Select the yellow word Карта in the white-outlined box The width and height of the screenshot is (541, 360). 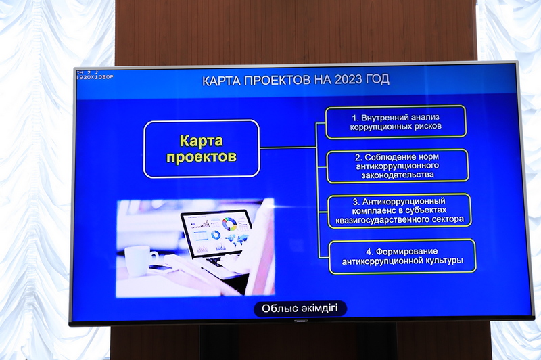tap(202, 141)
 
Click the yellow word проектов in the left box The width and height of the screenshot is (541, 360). tap(202, 157)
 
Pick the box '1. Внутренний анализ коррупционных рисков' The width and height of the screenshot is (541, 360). tap(396, 122)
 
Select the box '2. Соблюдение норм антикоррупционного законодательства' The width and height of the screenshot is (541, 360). tap(398, 166)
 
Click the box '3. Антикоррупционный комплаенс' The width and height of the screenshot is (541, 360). tap(399, 210)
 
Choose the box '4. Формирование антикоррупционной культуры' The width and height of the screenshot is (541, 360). tap(402, 256)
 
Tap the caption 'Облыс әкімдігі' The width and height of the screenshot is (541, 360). tap(300, 308)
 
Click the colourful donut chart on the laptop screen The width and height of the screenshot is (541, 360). tap(229, 224)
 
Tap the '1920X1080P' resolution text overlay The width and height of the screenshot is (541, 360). tap(95, 78)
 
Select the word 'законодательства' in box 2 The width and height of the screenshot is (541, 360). tap(398, 175)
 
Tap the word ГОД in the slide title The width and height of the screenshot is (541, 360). tap(379, 79)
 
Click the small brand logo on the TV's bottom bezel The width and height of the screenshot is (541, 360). tap(300, 321)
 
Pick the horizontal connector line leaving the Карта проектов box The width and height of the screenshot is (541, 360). tap(288, 148)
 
